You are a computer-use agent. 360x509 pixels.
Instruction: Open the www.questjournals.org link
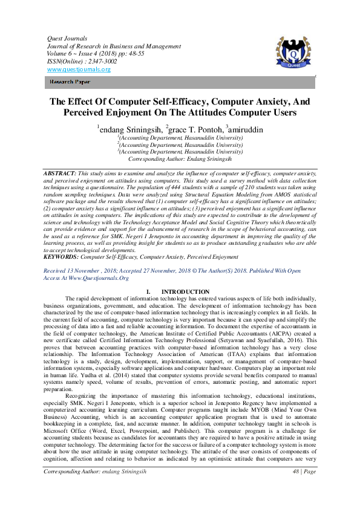point(79,70)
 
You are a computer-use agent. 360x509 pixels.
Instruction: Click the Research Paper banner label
point(70,81)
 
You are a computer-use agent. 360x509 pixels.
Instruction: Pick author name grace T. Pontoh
point(195,129)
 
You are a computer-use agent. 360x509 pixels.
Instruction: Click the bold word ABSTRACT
point(60,173)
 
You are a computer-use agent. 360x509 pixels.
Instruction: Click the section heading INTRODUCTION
point(186,291)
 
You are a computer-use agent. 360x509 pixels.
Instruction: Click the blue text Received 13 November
point(76,271)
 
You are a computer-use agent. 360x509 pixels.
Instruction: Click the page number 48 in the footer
point(295,488)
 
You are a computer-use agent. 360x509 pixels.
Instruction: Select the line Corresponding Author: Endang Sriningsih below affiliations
point(180,159)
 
